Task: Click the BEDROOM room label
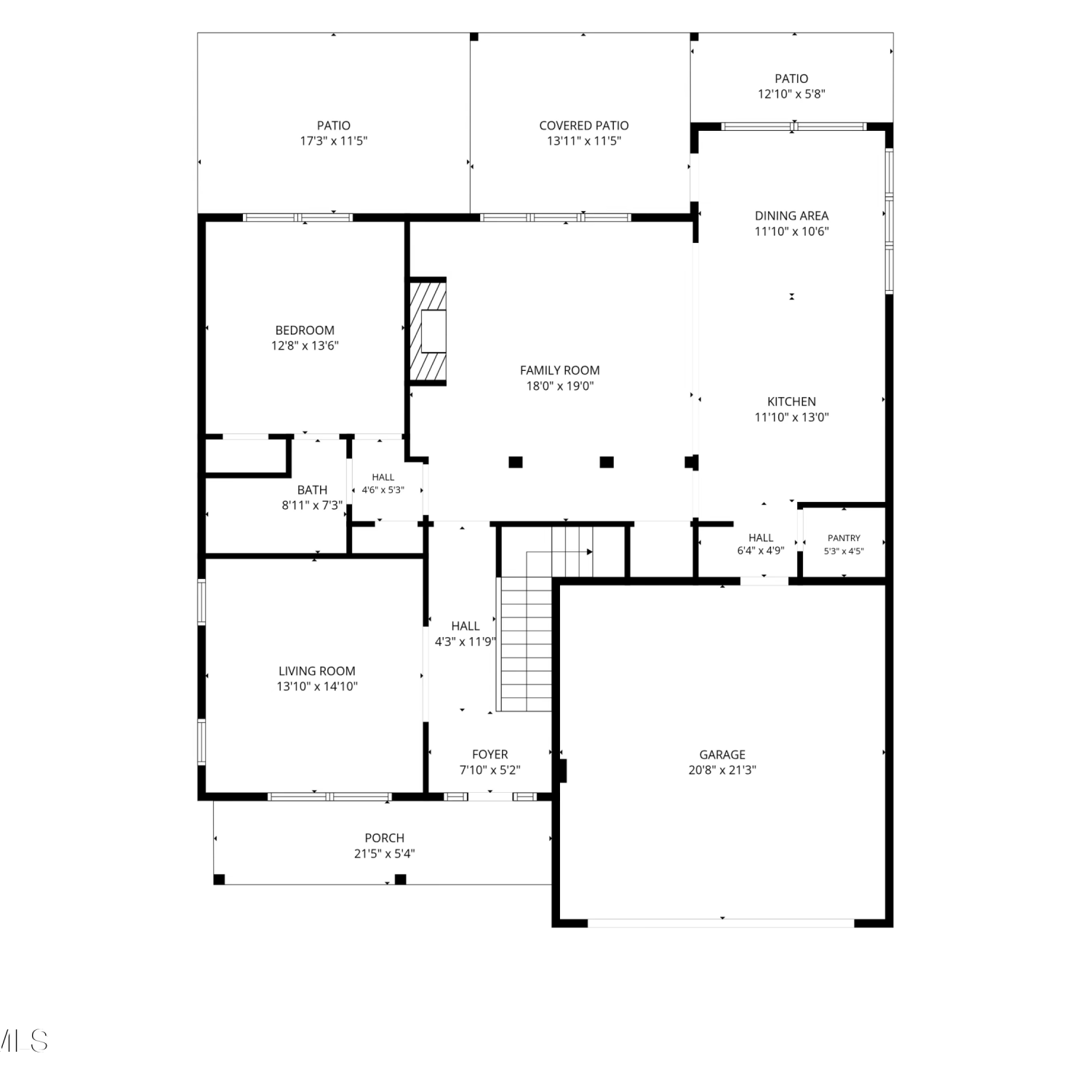point(305,330)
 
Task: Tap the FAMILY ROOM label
point(560,370)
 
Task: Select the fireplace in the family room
point(428,331)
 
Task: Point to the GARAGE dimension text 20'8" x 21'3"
point(722,770)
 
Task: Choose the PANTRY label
point(844,538)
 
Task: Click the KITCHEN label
point(791,401)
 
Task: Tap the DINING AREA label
point(791,215)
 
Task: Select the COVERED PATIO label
point(584,126)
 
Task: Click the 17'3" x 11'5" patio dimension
point(334,141)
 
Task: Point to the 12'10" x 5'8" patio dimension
point(791,94)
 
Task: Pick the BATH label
point(312,490)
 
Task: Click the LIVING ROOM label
point(317,671)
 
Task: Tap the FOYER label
point(490,754)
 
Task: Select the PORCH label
point(385,838)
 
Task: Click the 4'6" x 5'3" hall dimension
point(383,490)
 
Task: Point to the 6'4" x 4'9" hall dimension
point(761,551)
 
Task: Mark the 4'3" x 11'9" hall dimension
point(465,642)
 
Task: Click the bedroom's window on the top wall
point(297,217)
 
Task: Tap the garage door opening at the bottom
point(721,923)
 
